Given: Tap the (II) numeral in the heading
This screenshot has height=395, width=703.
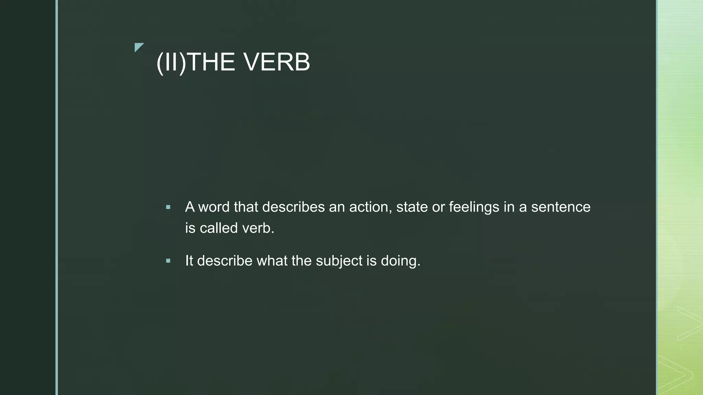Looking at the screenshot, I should click(171, 62).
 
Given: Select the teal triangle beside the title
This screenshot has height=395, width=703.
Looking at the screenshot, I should click(138, 47).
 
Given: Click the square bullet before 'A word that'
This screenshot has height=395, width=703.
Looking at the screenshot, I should click(168, 207).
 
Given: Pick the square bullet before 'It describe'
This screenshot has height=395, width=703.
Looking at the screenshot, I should click(168, 261).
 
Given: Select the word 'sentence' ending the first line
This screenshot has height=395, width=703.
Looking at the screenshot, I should click(561, 207).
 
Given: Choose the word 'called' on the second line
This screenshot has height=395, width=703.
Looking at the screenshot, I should click(219, 228).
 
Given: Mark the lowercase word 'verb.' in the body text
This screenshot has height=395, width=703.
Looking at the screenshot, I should click(258, 228).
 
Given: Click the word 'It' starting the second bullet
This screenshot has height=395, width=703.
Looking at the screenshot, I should click(189, 261).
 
